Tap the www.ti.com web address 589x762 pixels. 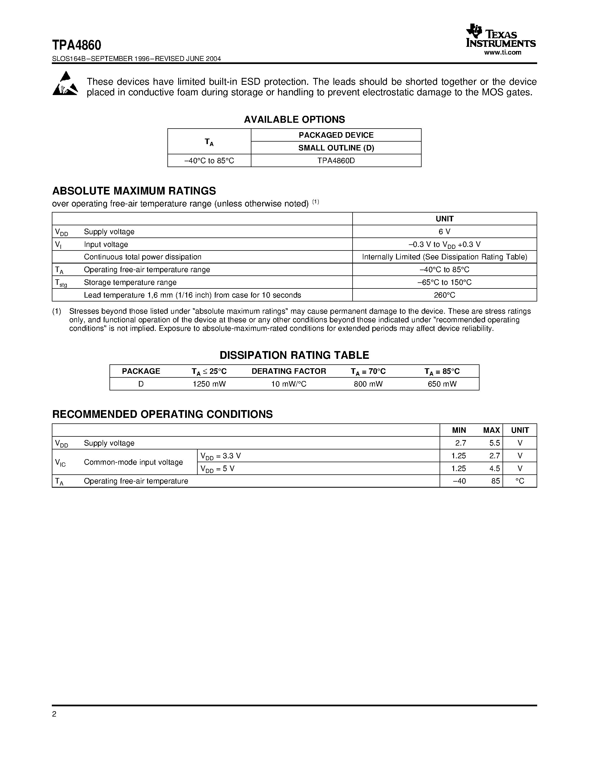pos(503,53)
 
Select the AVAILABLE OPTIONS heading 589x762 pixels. pos(294,120)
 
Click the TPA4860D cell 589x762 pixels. pos(336,161)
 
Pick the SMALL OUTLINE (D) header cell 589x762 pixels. pos(336,148)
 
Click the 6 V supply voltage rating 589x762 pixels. pos(444,232)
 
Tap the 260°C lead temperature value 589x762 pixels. pos(444,295)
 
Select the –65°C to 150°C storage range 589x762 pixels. pos(444,282)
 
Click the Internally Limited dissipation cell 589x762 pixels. pos(444,257)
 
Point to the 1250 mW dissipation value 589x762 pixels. pos(209,384)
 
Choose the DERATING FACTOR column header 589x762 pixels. pos(289,371)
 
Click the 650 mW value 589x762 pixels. pos(442,384)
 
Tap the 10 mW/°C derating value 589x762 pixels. pos(289,384)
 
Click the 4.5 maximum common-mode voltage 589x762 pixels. pos(494,469)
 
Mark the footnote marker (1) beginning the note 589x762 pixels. pos(57,311)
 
